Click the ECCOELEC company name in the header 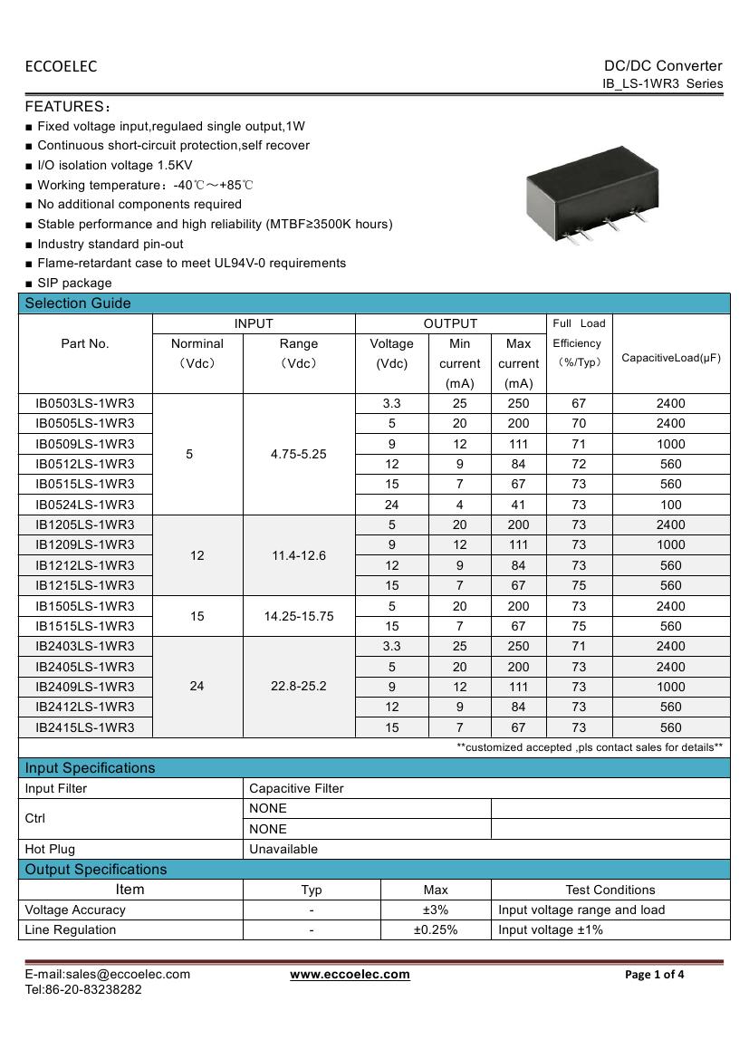(x=61, y=66)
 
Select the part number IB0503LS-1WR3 (x=85, y=403)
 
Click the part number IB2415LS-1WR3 (x=85, y=727)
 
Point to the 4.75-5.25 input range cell (x=299, y=454)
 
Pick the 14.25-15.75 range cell (x=299, y=616)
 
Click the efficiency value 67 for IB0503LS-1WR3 (x=579, y=403)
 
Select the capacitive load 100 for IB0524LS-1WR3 (x=670, y=505)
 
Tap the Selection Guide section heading (x=78, y=303)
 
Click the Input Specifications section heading (x=90, y=768)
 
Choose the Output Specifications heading (x=96, y=870)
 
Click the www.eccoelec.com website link (x=350, y=975)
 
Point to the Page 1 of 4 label (x=655, y=975)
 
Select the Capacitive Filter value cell (x=296, y=788)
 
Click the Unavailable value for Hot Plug (x=283, y=849)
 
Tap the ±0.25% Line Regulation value (x=436, y=929)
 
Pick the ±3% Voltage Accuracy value (x=436, y=910)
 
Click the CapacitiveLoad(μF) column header (x=671, y=358)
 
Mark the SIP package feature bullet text (x=74, y=283)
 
